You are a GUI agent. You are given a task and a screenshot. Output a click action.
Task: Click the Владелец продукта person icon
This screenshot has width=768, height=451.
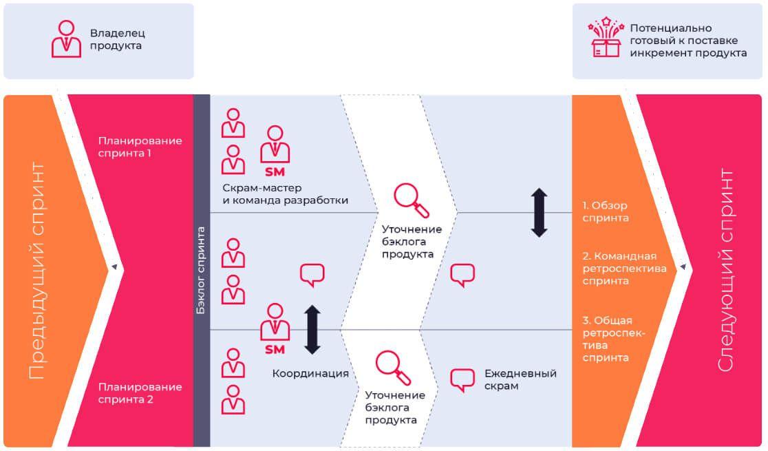point(66,39)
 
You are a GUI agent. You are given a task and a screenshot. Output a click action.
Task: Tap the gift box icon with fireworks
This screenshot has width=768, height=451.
point(606,39)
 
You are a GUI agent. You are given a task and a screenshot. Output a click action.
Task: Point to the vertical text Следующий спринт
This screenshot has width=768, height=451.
point(727,271)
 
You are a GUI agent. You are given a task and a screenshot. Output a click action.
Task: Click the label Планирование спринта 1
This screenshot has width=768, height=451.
point(140,147)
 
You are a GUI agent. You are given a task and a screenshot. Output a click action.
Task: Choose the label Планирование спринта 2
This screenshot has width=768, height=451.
point(140,393)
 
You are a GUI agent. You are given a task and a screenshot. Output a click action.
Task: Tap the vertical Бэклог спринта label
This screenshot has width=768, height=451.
point(202,270)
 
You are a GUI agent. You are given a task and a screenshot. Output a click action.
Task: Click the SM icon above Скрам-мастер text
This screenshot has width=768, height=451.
point(274,150)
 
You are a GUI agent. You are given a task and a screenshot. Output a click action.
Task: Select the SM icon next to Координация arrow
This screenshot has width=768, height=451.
point(274,328)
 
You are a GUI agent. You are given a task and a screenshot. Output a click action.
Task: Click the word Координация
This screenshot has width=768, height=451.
point(310,374)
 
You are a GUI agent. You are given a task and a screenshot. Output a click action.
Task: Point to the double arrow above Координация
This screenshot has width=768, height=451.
point(312,330)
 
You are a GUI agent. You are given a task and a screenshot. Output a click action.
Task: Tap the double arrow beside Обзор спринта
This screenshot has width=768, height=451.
point(539,213)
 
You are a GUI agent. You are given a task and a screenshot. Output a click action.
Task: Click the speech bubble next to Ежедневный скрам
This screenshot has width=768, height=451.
point(462,380)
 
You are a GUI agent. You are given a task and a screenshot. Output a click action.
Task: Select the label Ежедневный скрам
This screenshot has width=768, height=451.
point(520,379)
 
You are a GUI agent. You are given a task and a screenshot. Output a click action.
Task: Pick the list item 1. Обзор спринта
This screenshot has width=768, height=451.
point(605,211)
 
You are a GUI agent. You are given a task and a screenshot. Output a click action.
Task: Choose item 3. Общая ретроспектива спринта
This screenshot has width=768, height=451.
point(613,339)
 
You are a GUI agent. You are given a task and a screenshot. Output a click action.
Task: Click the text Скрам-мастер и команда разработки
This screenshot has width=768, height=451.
point(285,194)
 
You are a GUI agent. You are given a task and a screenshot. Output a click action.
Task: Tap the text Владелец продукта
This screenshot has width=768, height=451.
point(118,39)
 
